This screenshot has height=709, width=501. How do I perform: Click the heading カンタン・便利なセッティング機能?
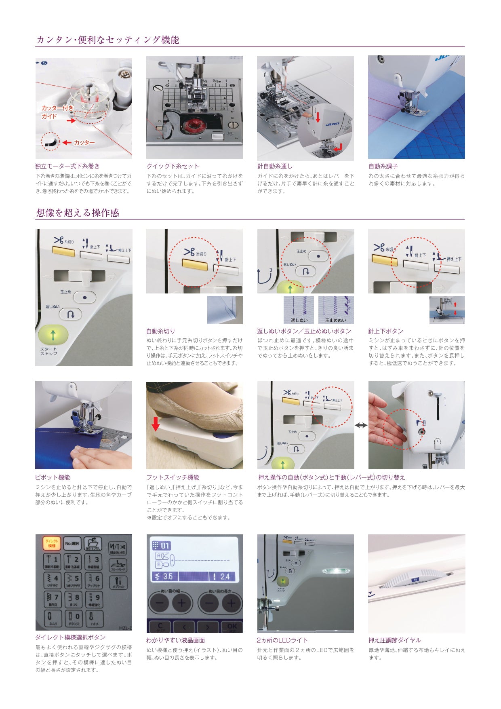107,40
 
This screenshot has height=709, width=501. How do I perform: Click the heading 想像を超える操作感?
78,213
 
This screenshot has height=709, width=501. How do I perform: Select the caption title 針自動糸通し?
275,166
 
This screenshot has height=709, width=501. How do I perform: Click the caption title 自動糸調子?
383,166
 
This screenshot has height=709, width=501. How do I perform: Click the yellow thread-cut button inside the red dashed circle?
195,264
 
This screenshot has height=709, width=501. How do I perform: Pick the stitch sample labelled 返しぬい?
299,309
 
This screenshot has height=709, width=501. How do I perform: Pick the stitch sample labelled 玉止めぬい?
336,309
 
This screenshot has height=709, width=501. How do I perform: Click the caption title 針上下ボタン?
385,331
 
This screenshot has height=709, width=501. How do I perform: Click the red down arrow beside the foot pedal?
156,424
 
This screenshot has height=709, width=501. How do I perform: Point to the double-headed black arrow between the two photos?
361,425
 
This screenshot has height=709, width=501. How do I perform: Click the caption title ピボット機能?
53,477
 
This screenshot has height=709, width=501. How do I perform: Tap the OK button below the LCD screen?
232,627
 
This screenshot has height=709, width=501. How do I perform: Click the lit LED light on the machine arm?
335,571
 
